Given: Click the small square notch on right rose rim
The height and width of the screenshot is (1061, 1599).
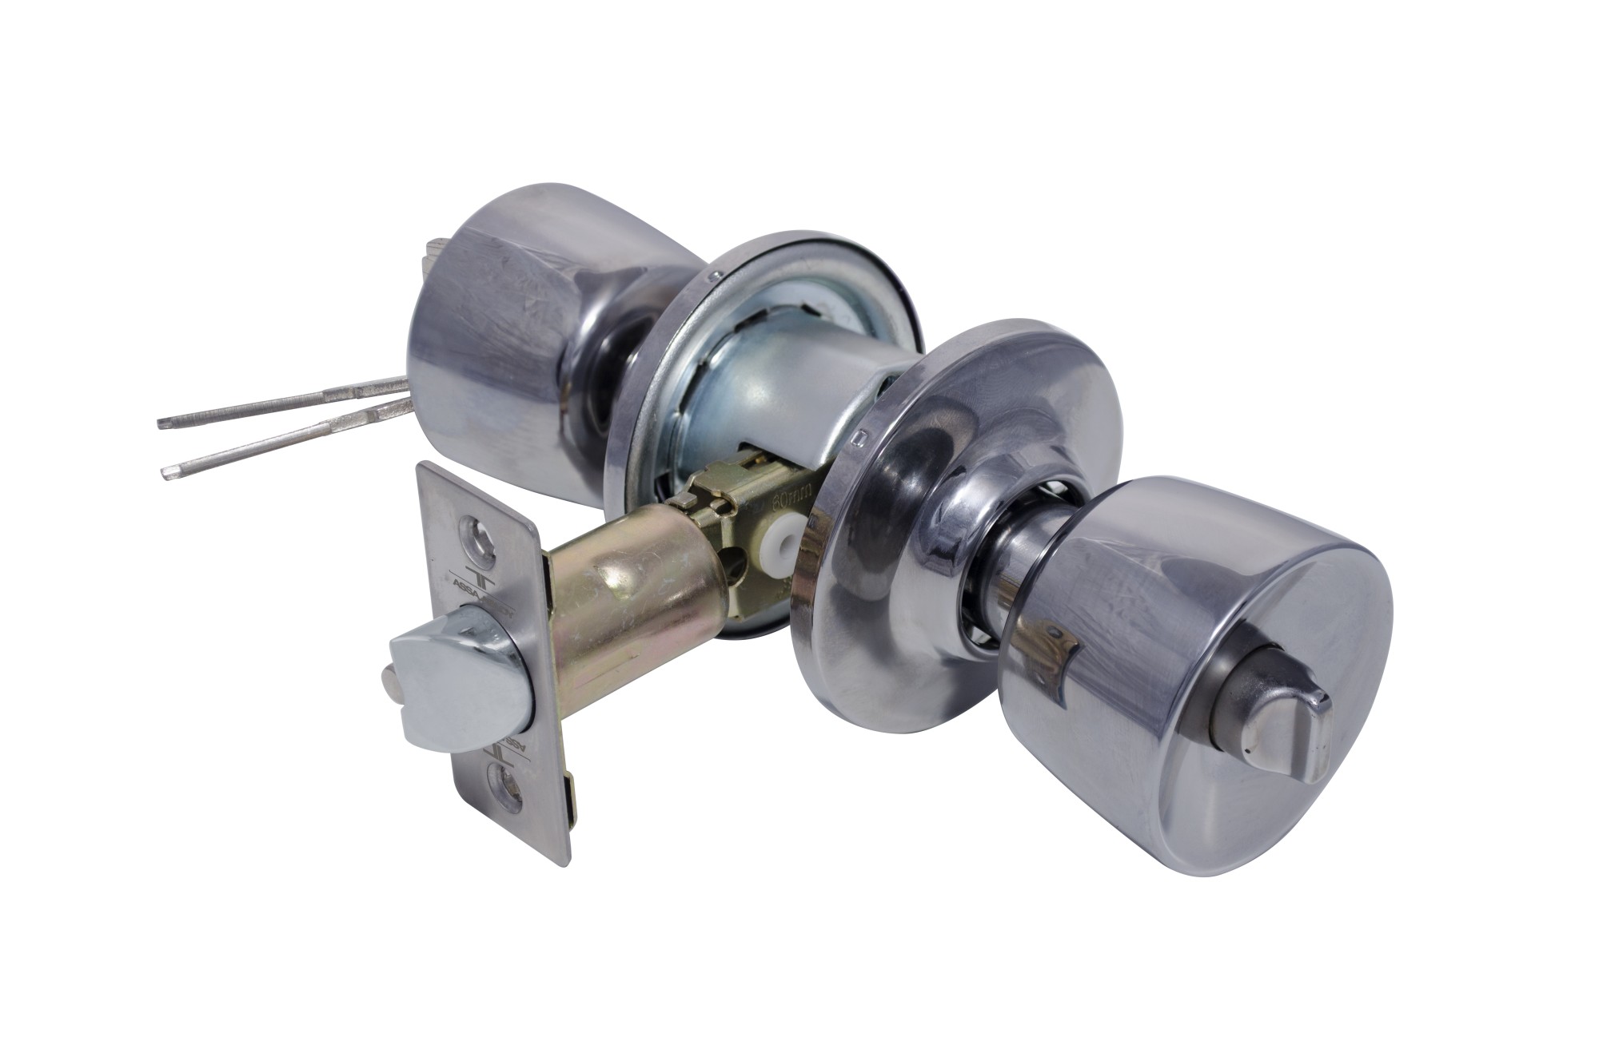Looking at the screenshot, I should [860, 438].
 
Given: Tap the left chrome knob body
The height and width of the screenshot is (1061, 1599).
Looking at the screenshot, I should [512, 336].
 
